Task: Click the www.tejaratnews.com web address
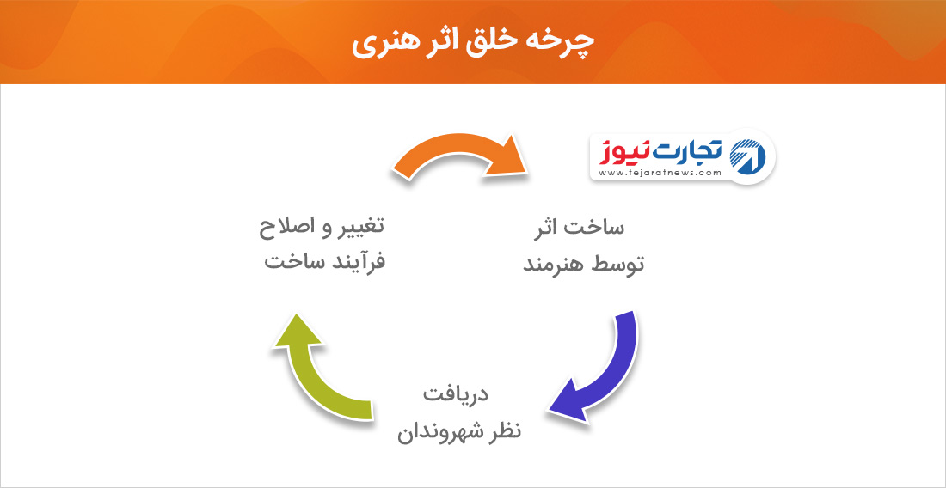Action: tap(660, 173)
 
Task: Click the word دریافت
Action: tap(455, 395)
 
